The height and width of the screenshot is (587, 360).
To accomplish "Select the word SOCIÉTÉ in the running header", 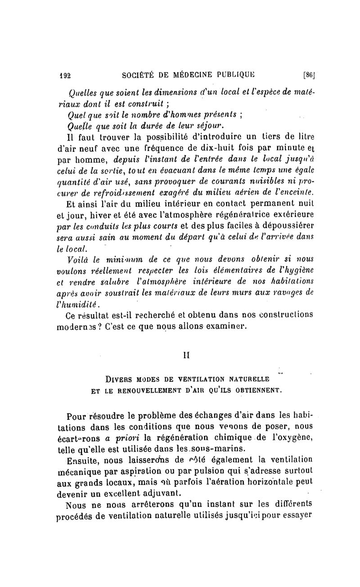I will click(x=139, y=75).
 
